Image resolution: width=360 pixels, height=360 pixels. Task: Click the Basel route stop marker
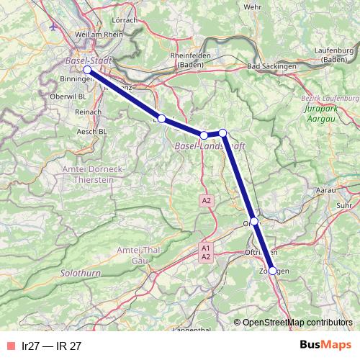[87, 70]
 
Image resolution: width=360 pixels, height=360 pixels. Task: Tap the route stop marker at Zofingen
[272, 271]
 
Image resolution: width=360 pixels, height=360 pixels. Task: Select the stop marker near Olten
[254, 221]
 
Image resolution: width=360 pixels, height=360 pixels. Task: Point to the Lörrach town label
[125, 20]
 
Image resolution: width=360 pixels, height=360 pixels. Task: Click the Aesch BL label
[93, 132]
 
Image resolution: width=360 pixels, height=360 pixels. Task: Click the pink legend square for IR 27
[11, 345]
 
